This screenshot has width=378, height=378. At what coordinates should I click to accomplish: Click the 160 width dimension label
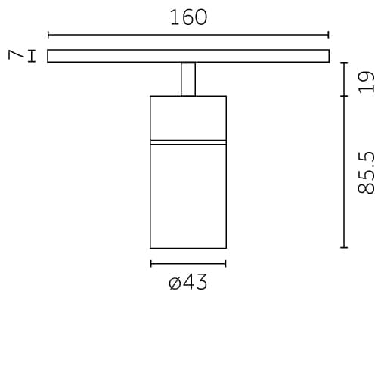[x=188, y=17]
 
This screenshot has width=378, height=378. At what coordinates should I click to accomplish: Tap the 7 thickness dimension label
[x=13, y=55]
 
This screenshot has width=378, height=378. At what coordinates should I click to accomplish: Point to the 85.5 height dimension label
[x=367, y=172]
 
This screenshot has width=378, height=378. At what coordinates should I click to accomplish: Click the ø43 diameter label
[x=188, y=283]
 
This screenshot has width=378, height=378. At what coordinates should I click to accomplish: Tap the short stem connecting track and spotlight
[x=188, y=79]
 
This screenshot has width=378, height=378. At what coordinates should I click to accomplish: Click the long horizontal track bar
[x=188, y=55]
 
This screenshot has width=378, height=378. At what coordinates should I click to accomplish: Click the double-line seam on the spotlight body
[x=188, y=141]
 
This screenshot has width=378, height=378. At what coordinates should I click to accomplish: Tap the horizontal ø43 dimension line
[x=188, y=263]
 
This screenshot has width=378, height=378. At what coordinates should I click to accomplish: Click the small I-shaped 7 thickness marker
[x=31, y=55]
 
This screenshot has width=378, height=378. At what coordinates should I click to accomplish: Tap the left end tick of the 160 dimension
[x=48, y=34]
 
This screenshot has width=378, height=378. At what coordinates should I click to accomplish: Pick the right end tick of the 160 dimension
[x=329, y=34]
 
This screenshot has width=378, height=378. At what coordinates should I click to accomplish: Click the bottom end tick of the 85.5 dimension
[x=344, y=247]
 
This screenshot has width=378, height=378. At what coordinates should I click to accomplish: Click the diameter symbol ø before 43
[x=175, y=284]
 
